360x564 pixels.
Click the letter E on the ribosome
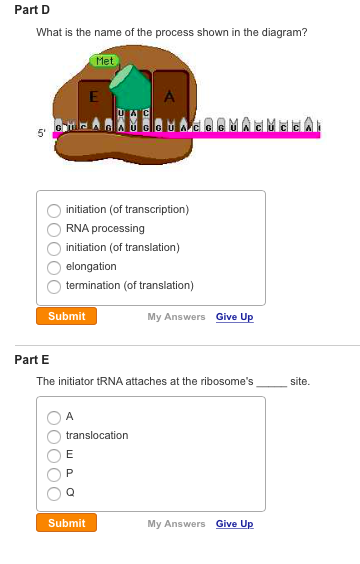[x=92, y=97]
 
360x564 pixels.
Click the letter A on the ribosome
[x=170, y=97]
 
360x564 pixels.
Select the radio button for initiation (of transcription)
[x=53, y=210]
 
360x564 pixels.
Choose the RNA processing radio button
[x=53, y=229]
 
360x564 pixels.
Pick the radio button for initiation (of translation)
[x=53, y=247]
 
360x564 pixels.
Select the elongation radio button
[x=53, y=266]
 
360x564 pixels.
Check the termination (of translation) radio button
[x=53, y=285]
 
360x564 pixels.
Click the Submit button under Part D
[x=66, y=316]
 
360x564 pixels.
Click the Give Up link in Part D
[x=234, y=317]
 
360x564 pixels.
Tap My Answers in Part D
[x=176, y=317]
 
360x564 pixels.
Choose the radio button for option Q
[x=53, y=492]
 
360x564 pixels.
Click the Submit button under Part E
[x=66, y=523]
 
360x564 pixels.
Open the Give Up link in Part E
[x=234, y=524]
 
